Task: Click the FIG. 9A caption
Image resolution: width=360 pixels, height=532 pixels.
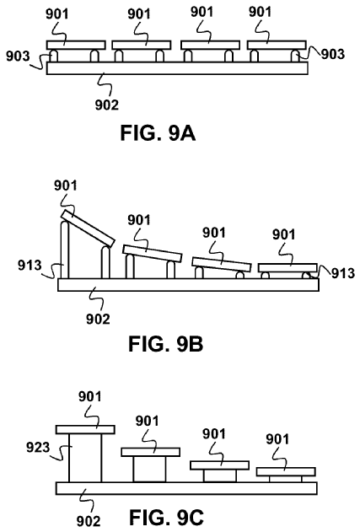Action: pos(159,133)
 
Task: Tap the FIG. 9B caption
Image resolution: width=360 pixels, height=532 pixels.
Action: pos(166,344)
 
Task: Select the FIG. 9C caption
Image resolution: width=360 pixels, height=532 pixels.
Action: pos(167,518)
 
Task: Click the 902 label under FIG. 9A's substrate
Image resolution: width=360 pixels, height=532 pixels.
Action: pos(107,105)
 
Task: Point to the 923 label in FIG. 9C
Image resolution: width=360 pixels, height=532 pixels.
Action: pos(38,447)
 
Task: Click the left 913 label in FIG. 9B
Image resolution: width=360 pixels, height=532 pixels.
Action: pos(30,266)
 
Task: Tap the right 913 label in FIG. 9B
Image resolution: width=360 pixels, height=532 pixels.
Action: pos(343,273)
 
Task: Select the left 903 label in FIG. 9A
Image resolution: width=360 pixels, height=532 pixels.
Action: pos(18,56)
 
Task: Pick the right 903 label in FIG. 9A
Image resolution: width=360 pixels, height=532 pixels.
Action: pos(333,54)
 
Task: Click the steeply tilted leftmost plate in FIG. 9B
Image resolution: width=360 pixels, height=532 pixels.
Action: pos(88,228)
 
